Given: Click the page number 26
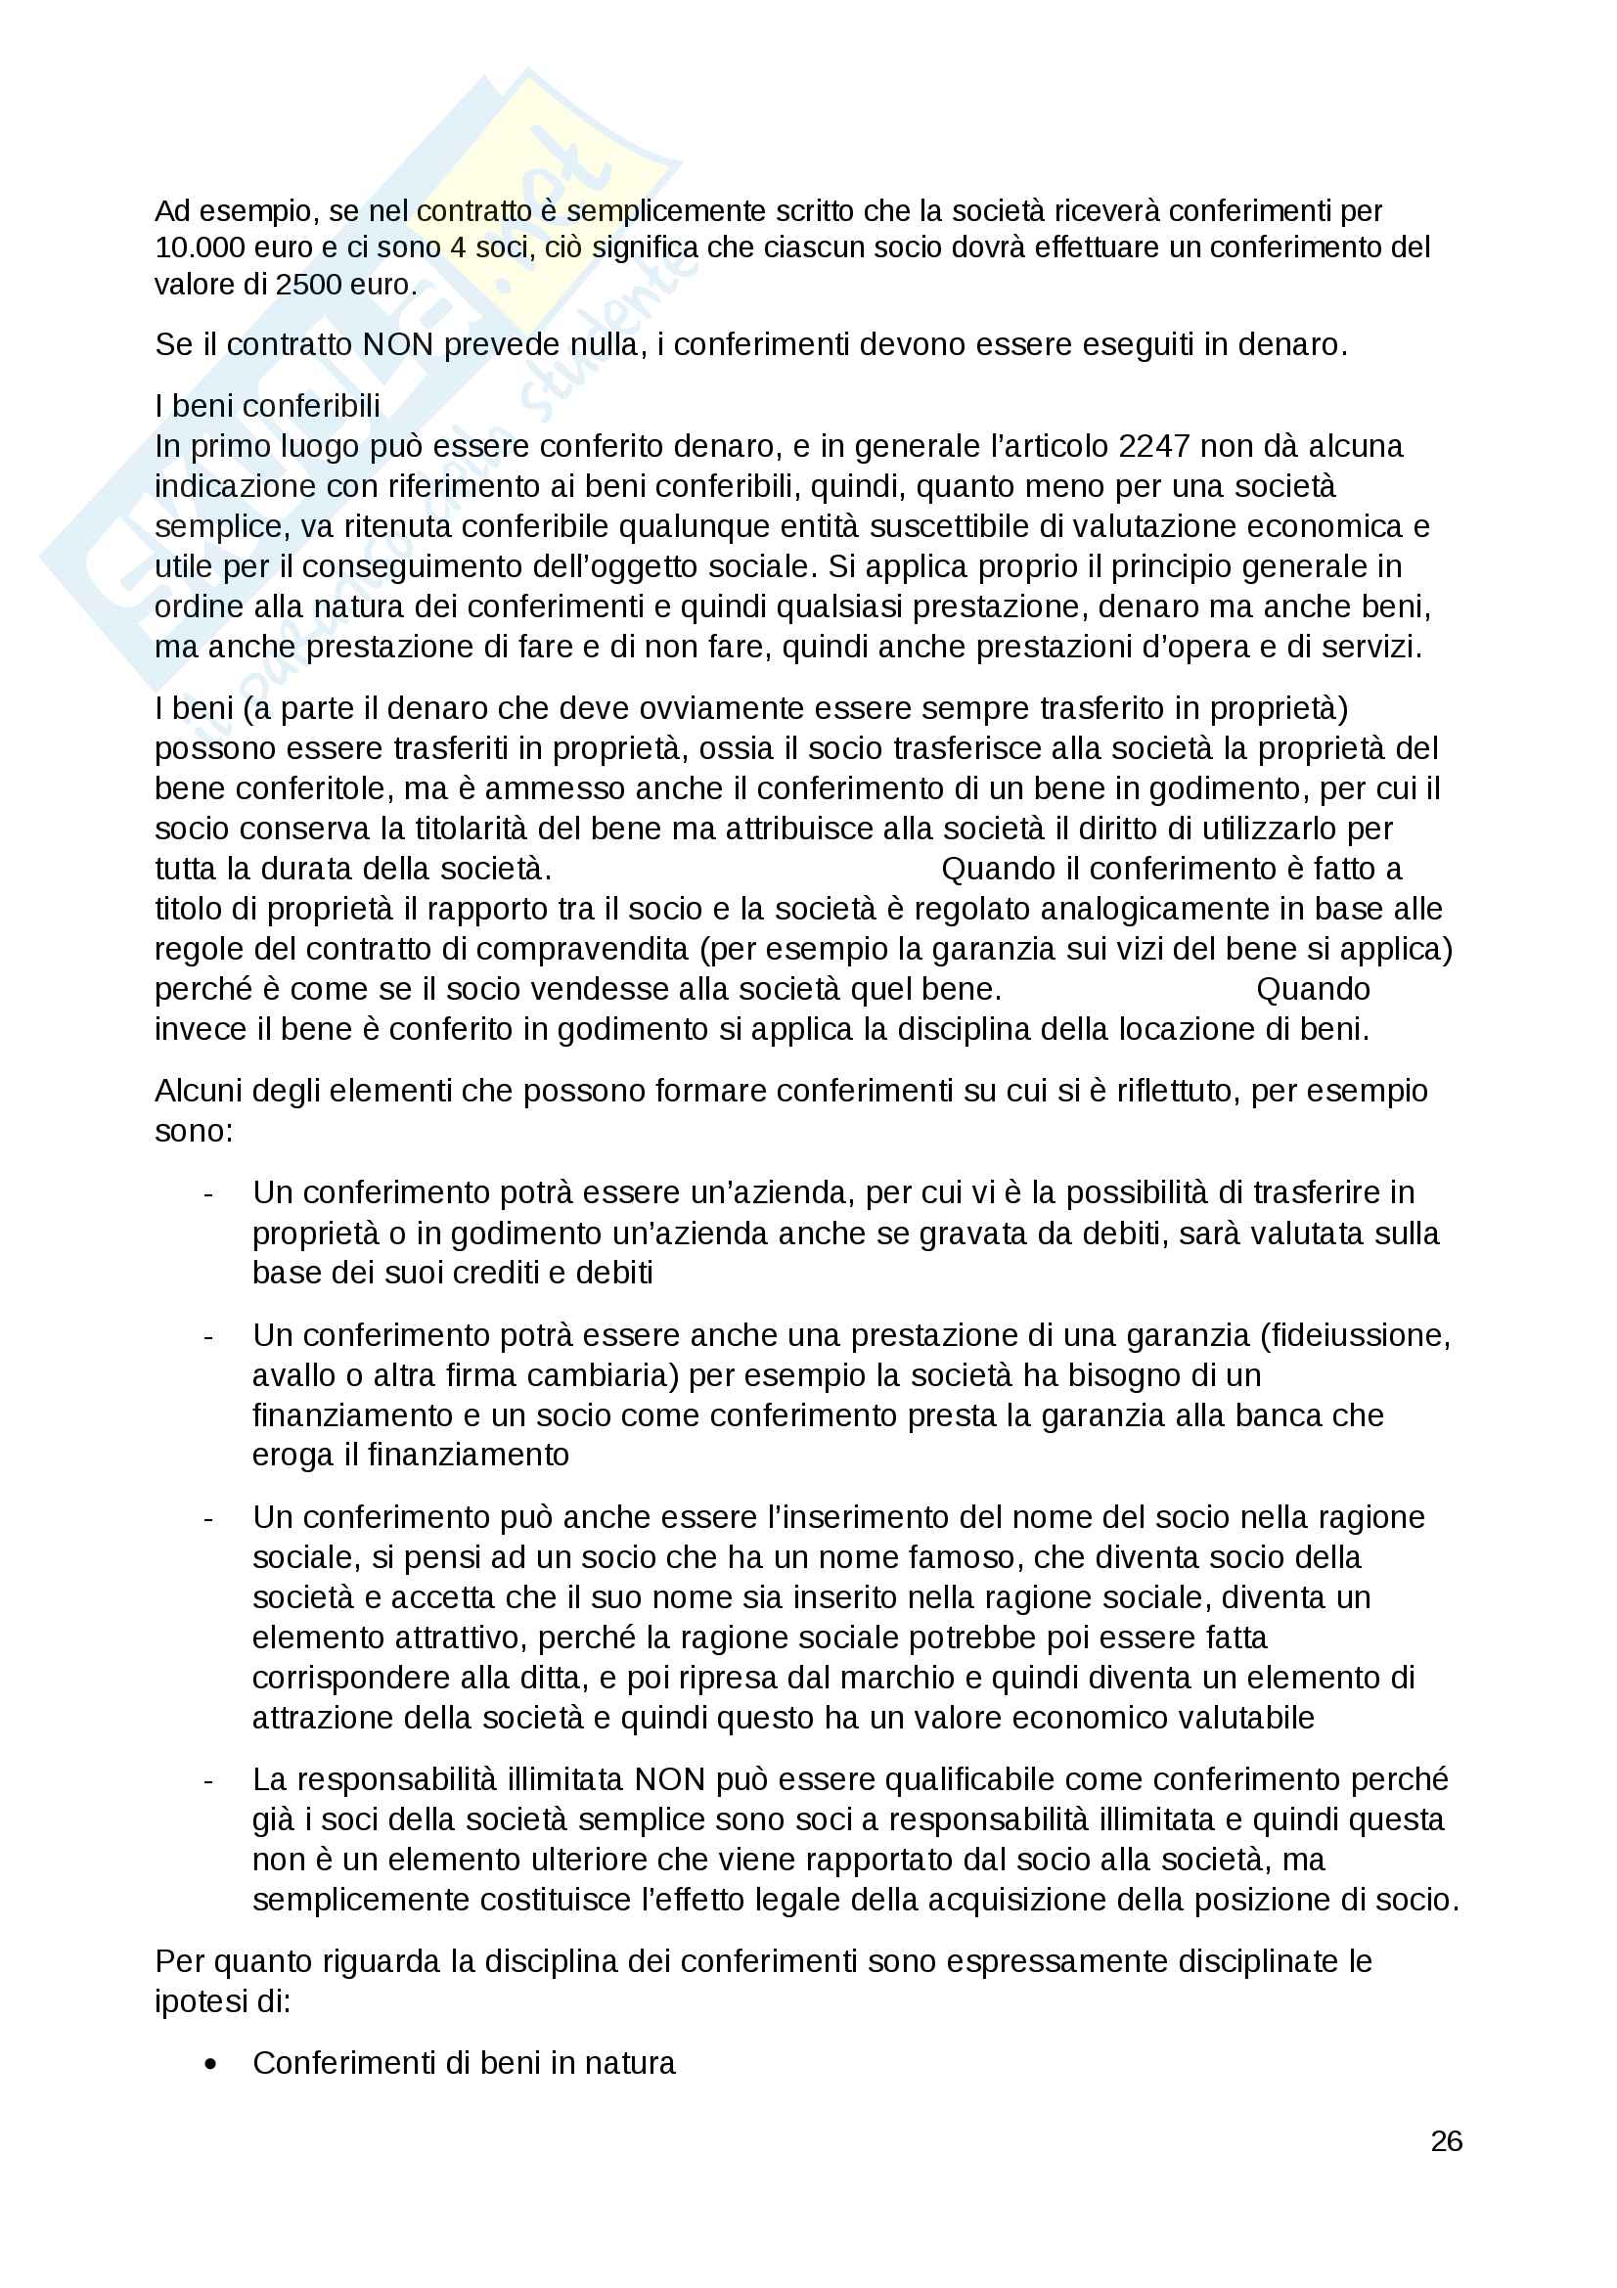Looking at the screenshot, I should tap(1446, 2141).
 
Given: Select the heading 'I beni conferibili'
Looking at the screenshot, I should tap(267, 406).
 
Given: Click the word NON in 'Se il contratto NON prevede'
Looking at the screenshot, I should tap(397, 344).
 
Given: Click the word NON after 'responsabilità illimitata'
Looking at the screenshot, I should tap(669, 1778).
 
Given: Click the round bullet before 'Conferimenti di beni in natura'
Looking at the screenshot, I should tap(210, 2064).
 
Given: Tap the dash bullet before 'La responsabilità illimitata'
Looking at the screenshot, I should tap(208, 1780).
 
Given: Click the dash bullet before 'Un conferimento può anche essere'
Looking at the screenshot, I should tap(208, 1519).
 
